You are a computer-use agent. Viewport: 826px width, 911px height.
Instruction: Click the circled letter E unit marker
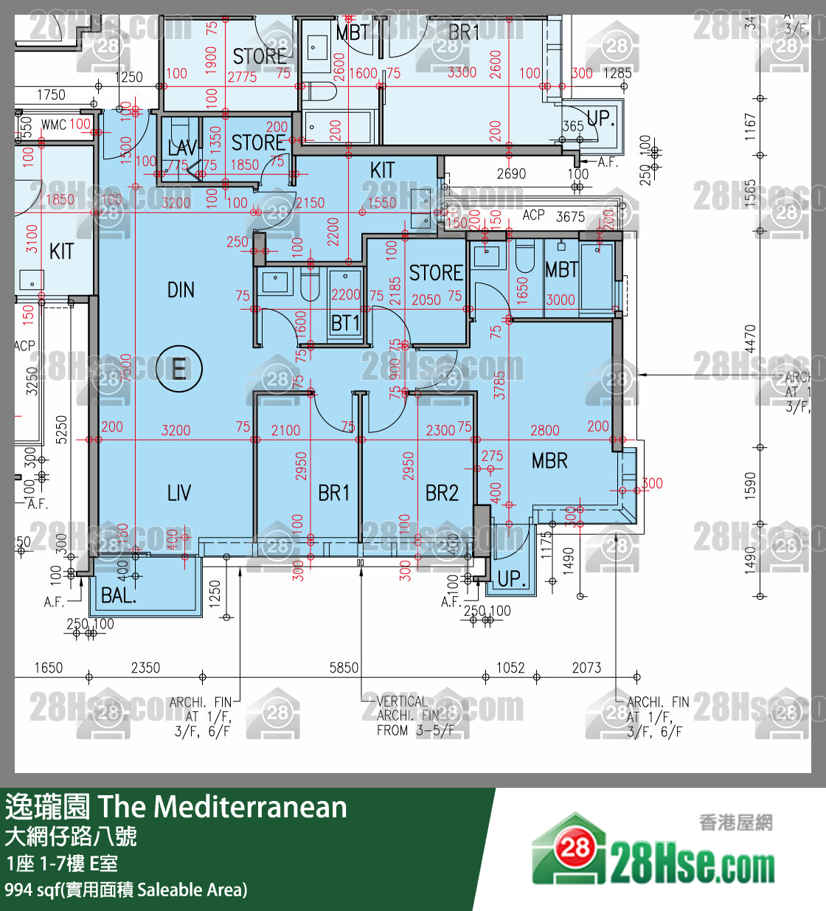click(178, 368)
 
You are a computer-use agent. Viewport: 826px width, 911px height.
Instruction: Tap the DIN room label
click(181, 290)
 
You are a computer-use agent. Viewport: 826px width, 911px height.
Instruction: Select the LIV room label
click(179, 493)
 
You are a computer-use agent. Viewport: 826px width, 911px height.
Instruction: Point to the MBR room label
click(549, 461)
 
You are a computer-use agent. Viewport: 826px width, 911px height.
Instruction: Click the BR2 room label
click(442, 493)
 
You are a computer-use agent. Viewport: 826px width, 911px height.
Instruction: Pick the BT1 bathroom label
click(345, 323)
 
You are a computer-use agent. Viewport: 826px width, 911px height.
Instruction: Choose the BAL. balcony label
click(119, 595)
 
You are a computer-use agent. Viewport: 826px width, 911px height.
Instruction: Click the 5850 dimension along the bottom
click(344, 668)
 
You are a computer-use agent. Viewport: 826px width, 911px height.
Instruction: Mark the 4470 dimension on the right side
click(750, 339)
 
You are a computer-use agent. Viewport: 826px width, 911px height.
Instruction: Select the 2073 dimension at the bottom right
click(586, 668)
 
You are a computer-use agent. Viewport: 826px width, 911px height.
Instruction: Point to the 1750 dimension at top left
click(51, 94)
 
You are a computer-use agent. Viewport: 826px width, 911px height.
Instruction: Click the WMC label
click(54, 125)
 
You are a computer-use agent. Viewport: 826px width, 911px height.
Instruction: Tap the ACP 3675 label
click(553, 215)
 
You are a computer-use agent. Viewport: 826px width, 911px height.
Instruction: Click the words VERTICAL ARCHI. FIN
click(402, 708)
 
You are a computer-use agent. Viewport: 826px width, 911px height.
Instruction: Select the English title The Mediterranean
click(222, 807)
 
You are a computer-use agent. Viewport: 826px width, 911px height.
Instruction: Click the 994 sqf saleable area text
click(126, 890)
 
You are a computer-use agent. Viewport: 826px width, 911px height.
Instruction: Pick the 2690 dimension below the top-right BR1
click(511, 173)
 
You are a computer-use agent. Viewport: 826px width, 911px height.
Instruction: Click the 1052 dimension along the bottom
click(510, 668)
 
